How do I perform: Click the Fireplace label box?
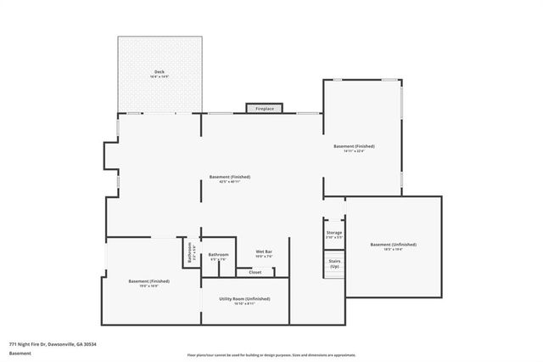point(265,109)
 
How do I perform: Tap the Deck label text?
point(160,71)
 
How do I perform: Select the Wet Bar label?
point(264,252)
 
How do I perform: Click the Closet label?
point(255,273)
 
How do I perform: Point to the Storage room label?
point(334,232)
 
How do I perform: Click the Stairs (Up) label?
point(334,264)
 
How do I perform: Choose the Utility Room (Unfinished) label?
point(245,298)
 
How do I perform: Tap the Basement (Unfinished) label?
point(393,245)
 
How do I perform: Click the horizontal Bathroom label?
point(219,254)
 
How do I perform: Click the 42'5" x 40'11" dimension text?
point(230,182)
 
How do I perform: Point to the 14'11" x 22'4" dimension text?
point(354,151)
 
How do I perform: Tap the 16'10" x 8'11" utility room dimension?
point(245,303)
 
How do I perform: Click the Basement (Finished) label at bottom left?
point(149,280)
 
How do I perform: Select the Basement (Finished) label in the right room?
point(354,146)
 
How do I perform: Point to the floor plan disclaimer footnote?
point(271,354)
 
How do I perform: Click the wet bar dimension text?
point(264,257)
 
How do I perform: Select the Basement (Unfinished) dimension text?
point(393,250)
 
